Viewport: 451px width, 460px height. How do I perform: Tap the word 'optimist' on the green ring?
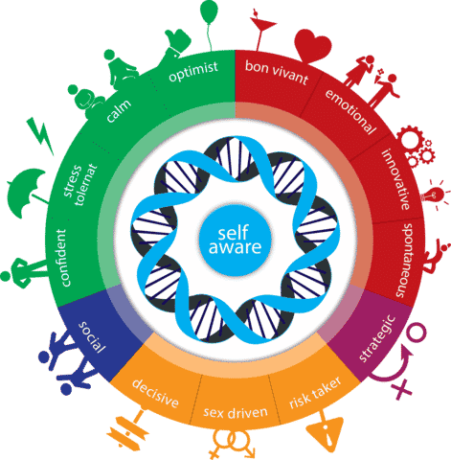tap(193, 71)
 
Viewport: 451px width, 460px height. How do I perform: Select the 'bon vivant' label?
tap(277, 72)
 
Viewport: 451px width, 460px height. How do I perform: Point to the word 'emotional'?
tap(350, 111)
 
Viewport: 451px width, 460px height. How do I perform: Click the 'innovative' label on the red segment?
tap(396, 179)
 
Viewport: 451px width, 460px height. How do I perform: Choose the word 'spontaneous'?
tap(404, 261)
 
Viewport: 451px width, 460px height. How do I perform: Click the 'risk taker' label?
tap(315, 393)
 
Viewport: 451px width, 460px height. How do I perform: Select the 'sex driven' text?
tap(236, 412)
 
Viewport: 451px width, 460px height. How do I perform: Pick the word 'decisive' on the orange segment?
tap(155, 393)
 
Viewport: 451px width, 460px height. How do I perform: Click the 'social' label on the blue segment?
tap(92, 337)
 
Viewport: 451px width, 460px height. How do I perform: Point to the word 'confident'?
tap(62, 258)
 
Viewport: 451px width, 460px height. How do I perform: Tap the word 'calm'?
tap(119, 111)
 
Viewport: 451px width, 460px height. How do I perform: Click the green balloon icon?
tap(209, 12)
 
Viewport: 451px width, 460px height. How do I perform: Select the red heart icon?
tap(312, 46)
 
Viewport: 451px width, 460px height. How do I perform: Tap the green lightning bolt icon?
tap(40, 135)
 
